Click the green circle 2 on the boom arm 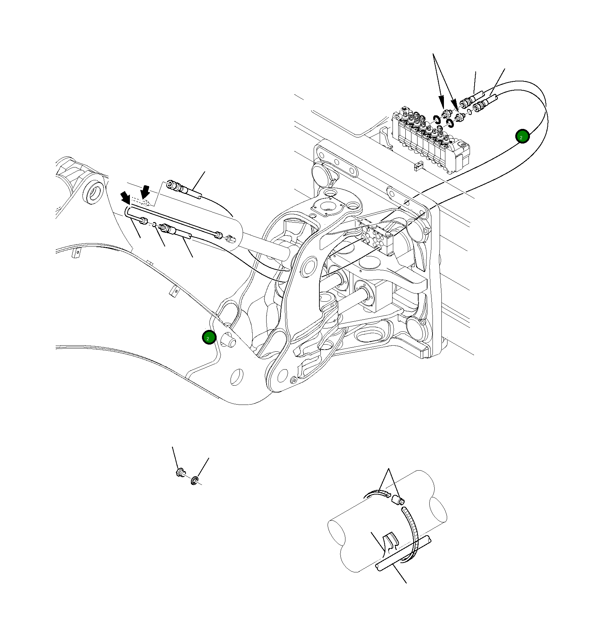click(x=209, y=337)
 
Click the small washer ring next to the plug click(x=194, y=481)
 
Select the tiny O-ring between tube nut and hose click(x=153, y=225)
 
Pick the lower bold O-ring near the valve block click(x=450, y=124)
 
